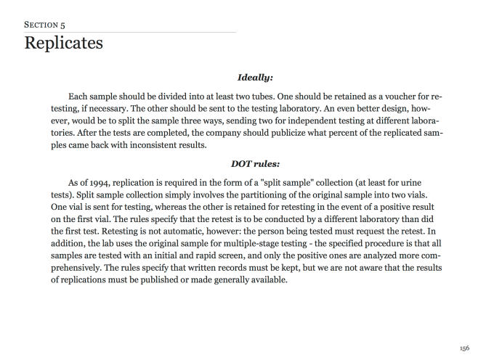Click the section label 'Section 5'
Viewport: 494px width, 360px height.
[45, 24]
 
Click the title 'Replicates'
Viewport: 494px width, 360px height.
[63, 43]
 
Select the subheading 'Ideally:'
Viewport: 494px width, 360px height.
[255, 76]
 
